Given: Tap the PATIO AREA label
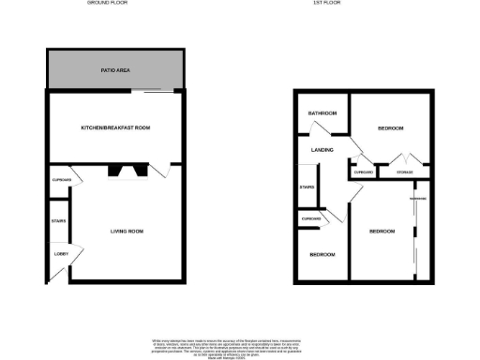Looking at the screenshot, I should [x=114, y=70].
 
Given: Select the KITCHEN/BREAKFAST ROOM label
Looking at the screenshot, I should [x=115, y=127].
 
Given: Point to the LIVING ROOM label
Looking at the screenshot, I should [x=127, y=230].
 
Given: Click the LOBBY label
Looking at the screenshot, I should [x=57, y=254].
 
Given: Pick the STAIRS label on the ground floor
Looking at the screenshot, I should [x=57, y=221].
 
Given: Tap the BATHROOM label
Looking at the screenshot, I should [x=322, y=113].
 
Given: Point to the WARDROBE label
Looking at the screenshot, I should [x=417, y=198].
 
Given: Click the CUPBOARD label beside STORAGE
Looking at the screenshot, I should [x=364, y=172].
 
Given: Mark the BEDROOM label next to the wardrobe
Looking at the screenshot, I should [x=381, y=231].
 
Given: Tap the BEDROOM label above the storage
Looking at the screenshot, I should [x=390, y=127].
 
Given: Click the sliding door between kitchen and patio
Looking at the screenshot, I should [x=155, y=92].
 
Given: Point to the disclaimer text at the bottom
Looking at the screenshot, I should [x=239, y=347].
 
